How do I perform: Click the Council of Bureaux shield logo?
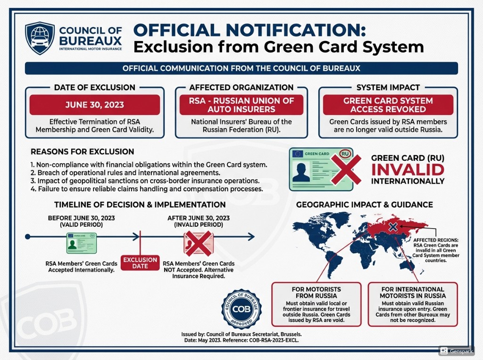pos(40,37)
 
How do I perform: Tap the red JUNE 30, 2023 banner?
pos(94,105)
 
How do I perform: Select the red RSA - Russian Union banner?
pos(241,105)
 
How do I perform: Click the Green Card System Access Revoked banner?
pos(388,105)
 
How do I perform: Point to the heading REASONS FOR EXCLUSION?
pos(82,152)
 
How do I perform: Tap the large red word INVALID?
pos(408,170)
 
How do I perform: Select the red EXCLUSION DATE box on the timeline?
pos(140,263)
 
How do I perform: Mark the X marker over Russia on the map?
pos(392,228)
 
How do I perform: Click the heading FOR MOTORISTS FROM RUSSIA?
pos(316,293)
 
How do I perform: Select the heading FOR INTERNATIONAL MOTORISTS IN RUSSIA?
pos(413,293)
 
